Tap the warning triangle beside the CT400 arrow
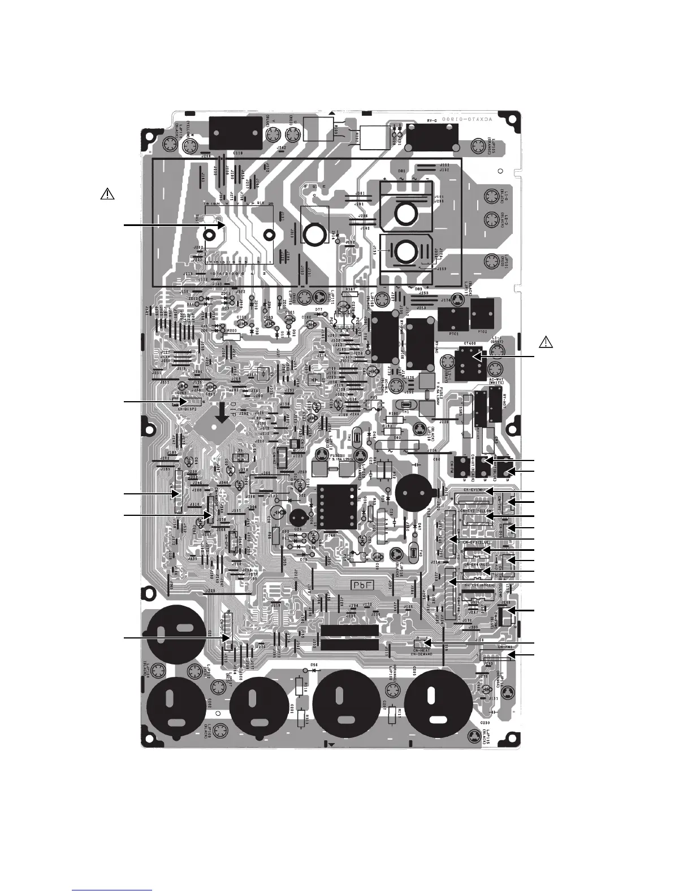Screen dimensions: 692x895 pos(546,342)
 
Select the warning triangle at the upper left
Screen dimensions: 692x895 pos(107,194)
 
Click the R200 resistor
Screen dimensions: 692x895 pos(231,336)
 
